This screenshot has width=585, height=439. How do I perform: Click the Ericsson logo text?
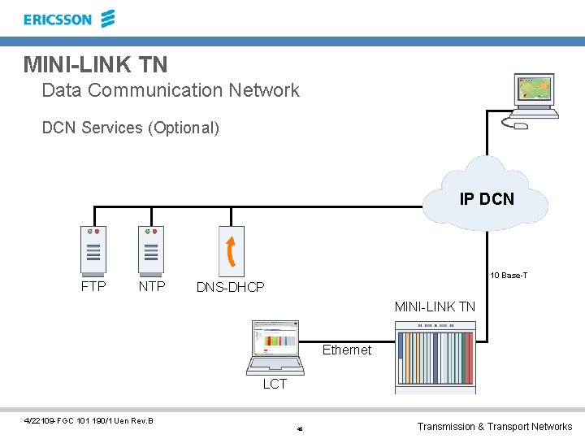tap(58, 20)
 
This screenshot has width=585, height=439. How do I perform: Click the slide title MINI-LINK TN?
tap(95, 63)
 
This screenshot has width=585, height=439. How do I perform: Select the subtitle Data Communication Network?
tap(171, 90)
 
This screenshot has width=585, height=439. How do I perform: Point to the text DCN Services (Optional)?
tap(130, 128)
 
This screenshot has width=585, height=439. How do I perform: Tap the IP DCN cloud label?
tap(487, 198)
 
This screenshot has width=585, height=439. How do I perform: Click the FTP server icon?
tap(93, 250)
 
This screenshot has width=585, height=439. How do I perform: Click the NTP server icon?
tap(150, 250)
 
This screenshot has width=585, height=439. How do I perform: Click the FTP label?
tap(93, 286)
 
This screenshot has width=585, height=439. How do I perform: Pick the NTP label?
tap(152, 286)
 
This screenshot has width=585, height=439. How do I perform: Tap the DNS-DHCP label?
tap(230, 287)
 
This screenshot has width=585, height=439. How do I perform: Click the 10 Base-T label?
tap(508, 276)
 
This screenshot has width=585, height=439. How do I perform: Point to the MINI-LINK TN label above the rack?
tap(435, 306)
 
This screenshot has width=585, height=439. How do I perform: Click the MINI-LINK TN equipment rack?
tap(435, 356)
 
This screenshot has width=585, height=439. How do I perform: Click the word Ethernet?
tap(347, 350)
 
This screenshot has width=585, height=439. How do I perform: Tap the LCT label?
tap(275, 385)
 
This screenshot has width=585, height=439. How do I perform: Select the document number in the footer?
tap(89, 419)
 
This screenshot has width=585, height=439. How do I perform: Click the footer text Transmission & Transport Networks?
tap(494, 427)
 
